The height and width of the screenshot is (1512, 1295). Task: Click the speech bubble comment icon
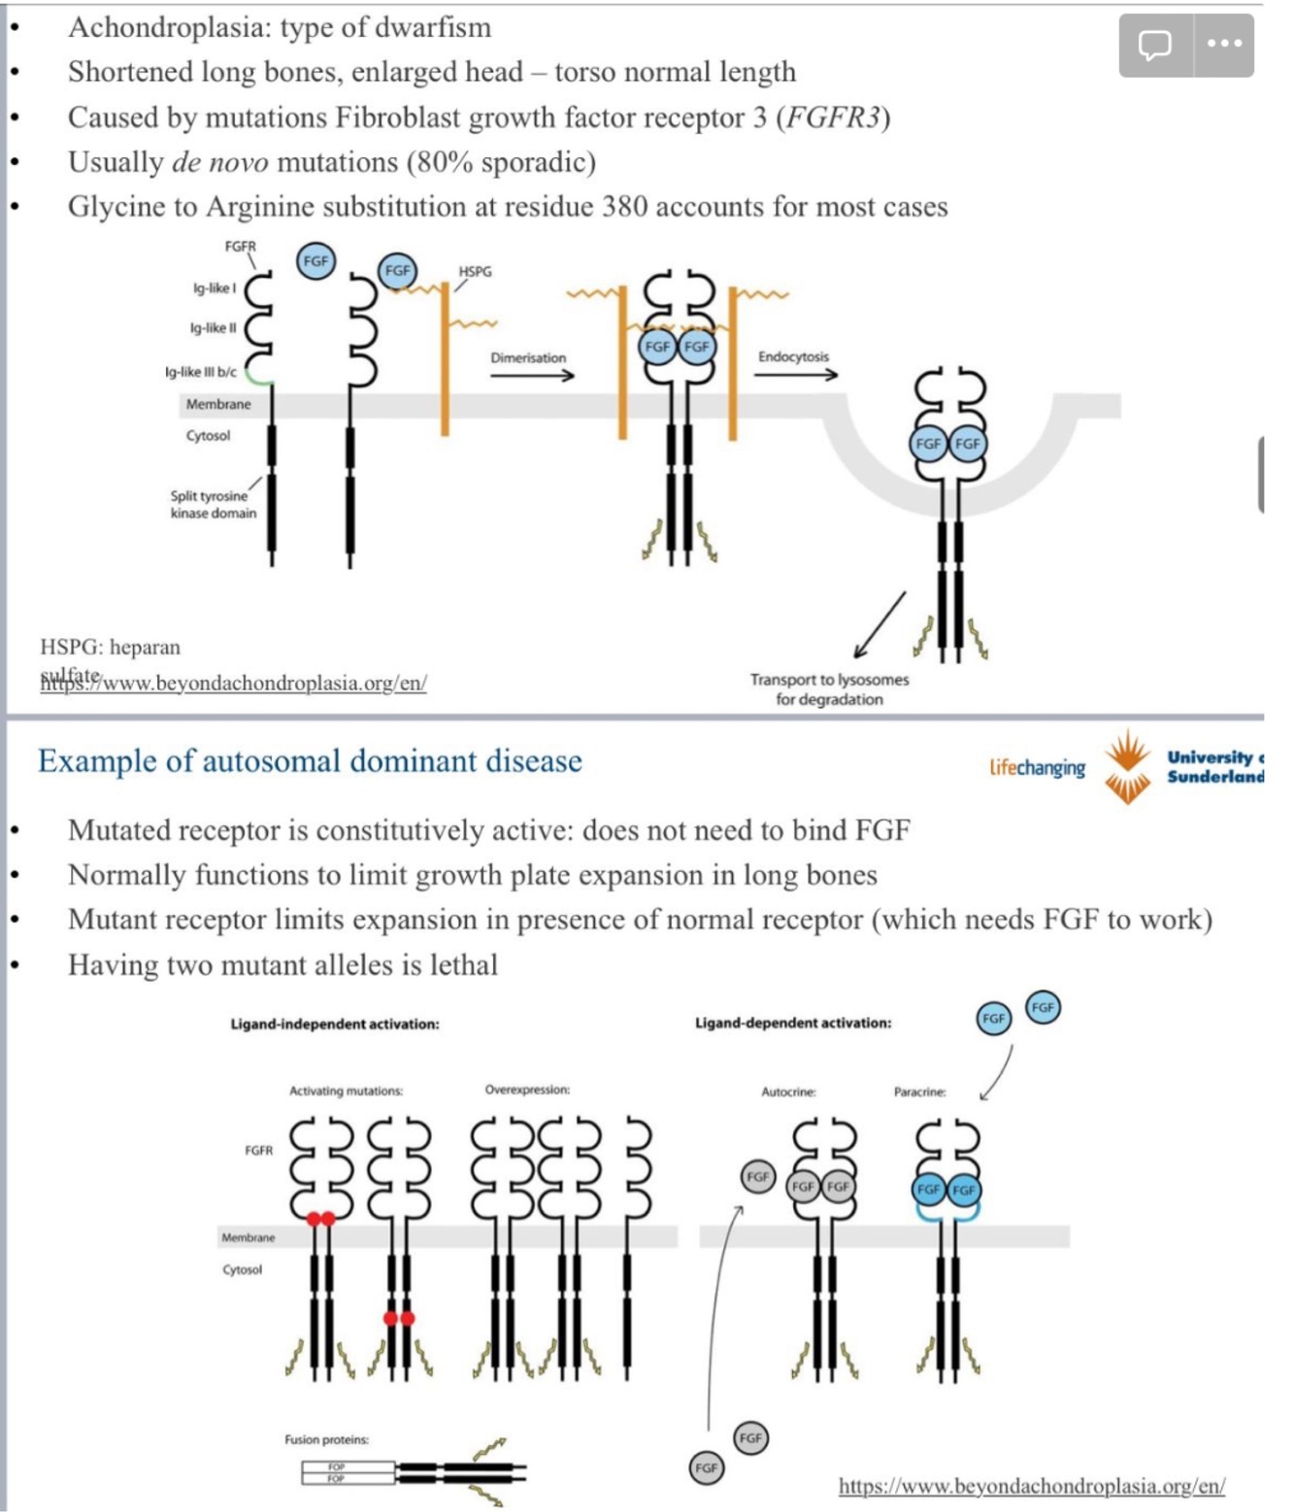[x=1155, y=45]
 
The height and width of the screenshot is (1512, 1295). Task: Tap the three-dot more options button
[x=1224, y=45]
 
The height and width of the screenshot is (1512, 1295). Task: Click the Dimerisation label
[x=528, y=357]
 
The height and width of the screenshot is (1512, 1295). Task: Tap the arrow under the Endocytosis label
[x=796, y=375]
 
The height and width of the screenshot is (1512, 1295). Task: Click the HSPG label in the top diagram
[x=475, y=271]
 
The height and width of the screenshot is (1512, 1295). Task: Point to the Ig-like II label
[x=214, y=328]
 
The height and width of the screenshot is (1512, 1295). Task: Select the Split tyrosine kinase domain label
[x=214, y=504]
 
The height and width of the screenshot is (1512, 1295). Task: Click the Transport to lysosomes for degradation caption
[x=829, y=689]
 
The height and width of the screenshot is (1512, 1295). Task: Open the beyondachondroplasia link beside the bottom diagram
[x=1031, y=1486]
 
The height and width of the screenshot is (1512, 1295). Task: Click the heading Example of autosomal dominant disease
[x=310, y=760]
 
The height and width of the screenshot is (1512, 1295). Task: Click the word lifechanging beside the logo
[x=1037, y=767]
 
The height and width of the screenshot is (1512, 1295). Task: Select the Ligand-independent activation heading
[x=334, y=1024]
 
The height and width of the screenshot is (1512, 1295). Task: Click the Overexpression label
[x=527, y=1090]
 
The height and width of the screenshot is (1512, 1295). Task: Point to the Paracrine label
[x=919, y=1092]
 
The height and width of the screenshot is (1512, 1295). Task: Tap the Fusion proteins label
[x=326, y=1439]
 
